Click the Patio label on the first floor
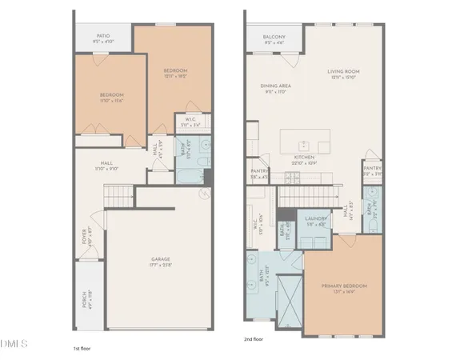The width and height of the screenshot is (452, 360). pyautogui.click(x=104, y=36)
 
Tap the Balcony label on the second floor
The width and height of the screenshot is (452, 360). pyautogui.click(x=274, y=36)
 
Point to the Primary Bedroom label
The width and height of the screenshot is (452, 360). pyautogui.click(x=344, y=286)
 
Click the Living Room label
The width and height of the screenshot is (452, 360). pyautogui.click(x=345, y=72)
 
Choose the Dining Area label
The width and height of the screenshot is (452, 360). pyautogui.click(x=274, y=85)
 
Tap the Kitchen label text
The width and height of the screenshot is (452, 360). pyautogui.click(x=303, y=158)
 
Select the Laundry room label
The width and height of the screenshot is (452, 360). pyautogui.click(x=315, y=218)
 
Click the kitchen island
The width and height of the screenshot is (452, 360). pyautogui.click(x=308, y=142)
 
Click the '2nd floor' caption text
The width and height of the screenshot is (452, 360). pyautogui.click(x=254, y=338)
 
